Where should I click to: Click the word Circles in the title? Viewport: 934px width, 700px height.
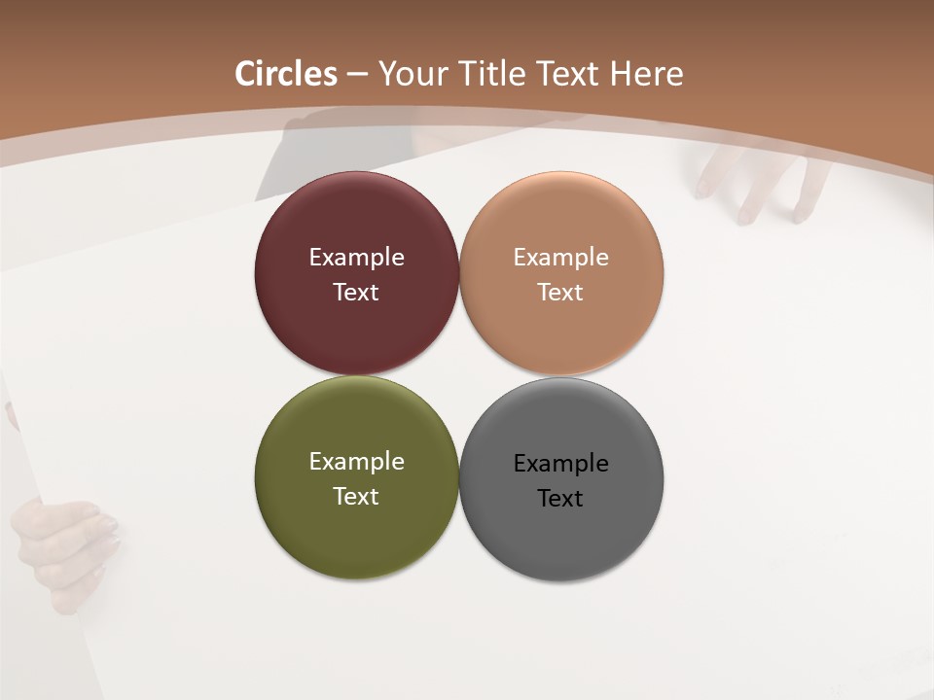click(286, 74)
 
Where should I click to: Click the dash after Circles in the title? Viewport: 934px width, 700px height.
click(357, 75)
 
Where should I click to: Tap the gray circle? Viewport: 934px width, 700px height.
click(561, 535)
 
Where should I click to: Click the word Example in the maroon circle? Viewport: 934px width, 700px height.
click(356, 258)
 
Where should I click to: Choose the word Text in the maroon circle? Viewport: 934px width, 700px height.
click(356, 293)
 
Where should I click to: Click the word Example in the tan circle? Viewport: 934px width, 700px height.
click(561, 258)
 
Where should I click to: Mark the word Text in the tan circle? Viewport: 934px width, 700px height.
click(561, 293)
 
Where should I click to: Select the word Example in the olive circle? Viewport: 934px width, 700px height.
click(356, 462)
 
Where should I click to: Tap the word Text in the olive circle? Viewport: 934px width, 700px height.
click(356, 497)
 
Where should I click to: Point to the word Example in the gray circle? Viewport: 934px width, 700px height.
click(561, 464)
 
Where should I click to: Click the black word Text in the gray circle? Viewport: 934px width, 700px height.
click(561, 499)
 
